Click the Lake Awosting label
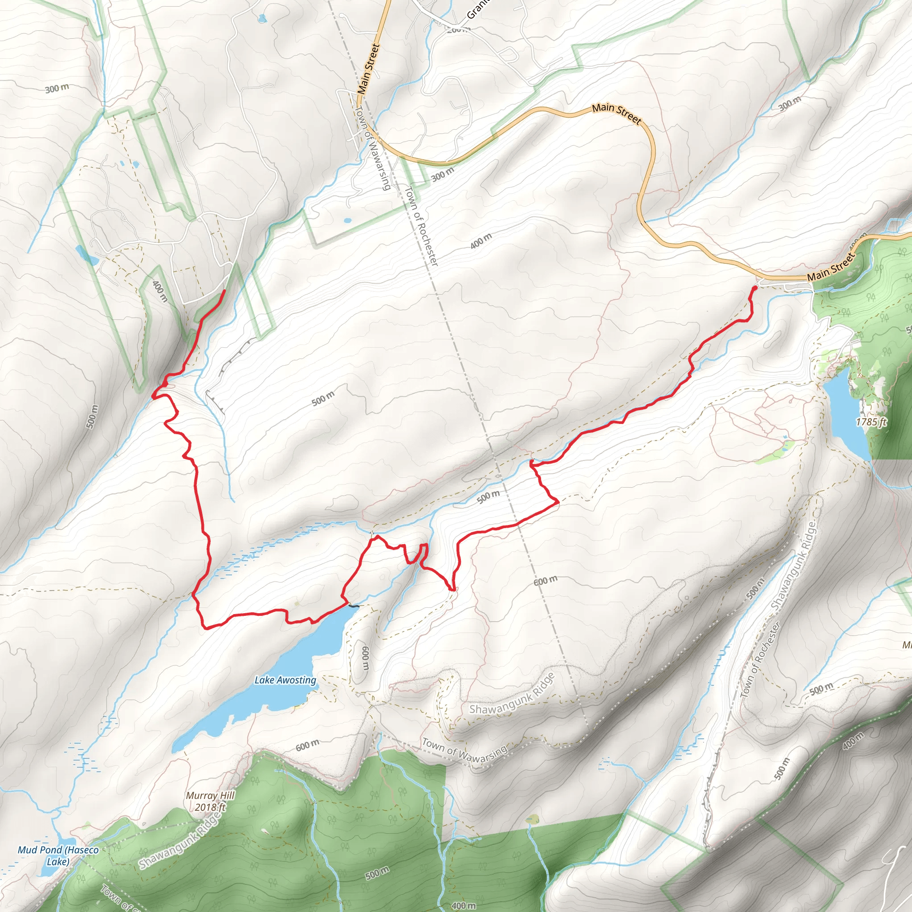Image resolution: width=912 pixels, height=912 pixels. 285,680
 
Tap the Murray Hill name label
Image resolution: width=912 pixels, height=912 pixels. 210,795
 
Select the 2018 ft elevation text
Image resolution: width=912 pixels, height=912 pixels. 210,807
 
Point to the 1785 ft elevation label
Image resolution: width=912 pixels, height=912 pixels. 871,422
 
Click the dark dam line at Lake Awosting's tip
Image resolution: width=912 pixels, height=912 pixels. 354,606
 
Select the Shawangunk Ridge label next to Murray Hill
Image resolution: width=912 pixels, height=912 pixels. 180,843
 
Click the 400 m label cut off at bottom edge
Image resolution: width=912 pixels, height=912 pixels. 463,905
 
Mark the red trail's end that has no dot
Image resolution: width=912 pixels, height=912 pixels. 223,290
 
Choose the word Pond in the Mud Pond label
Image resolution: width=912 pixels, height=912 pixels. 49,850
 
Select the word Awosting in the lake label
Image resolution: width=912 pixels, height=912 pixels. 297,680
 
